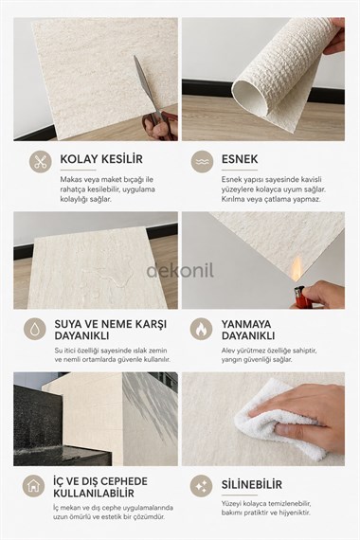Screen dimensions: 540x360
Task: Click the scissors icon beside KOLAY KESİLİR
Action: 39,160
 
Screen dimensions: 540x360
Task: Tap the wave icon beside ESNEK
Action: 202,161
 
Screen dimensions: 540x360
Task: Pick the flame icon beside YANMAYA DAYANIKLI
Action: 202,328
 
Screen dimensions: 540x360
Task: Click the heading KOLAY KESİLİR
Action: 100,159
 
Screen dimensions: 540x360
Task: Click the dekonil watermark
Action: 180,270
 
